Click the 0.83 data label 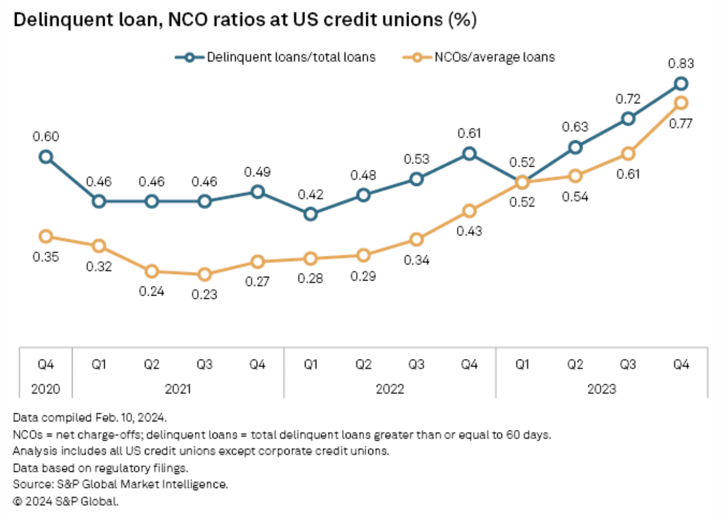click(x=681, y=64)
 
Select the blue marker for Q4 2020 click(x=46, y=157)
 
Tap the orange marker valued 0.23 click(x=204, y=274)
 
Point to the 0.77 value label click(x=681, y=124)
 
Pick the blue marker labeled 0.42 click(x=310, y=214)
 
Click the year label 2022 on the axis click(x=390, y=389)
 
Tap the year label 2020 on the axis click(x=46, y=389)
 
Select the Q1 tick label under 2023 click(x=522, y=364)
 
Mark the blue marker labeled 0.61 click(x=469, y=154)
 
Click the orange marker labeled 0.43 click(x=469, y=211)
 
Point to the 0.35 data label click(x=46, y=257)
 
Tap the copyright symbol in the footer click(x=18, y=502)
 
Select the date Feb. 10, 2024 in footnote click(x=130, y=418)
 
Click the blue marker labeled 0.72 click(x=628, y=119)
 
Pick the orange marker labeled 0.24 click(x=151, y=271)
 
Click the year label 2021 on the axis click(x=178, y=389)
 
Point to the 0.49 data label click(x=257, y=172)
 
